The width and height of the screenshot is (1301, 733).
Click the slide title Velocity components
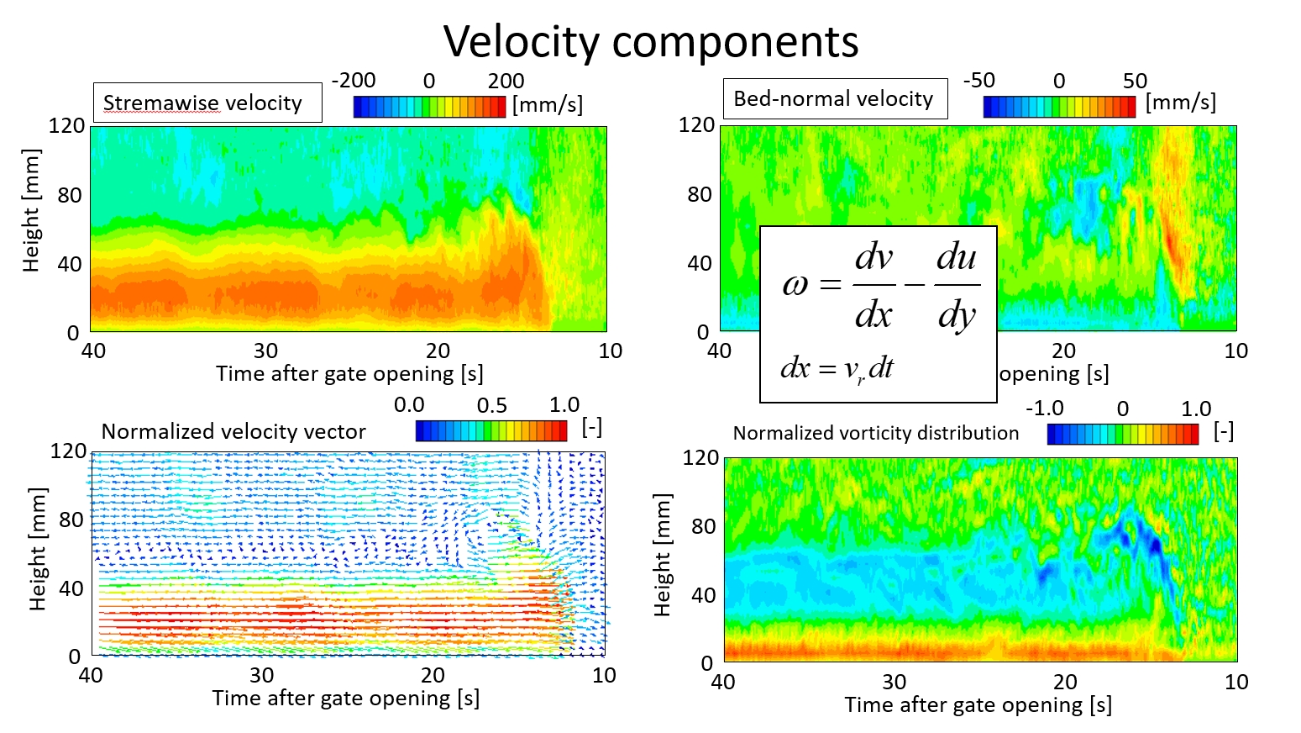click(x=651, y=41)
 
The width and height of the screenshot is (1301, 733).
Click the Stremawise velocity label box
click(x=207, y=103)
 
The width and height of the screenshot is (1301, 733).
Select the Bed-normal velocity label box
click(x=834, y=99)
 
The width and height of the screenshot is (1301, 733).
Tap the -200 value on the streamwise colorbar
click(x=354, y=81)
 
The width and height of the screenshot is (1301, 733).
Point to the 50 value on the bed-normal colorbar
click(x=1135, y=81)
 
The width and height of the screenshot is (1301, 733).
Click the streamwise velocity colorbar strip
click(x=429, y=107)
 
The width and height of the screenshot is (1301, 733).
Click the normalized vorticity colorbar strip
click(x=1122, y=434)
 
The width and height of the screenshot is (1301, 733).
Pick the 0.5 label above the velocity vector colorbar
click(x=491, y=405)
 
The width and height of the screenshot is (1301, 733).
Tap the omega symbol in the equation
click(x=795, y=285)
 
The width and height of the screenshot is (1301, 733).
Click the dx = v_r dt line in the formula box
click(x=837, y=368)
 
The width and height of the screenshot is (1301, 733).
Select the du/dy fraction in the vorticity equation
click(x=957, y=286)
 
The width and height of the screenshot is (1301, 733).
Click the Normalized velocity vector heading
click(x=233, y=432)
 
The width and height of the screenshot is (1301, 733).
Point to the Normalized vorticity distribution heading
click(x=875, y=433)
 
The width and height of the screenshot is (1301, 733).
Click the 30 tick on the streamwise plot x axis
click(x=265, y=351)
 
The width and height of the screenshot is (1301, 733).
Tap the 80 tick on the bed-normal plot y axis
click(x=699, y=194)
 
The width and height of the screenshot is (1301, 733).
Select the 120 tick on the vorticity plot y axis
click(x=700, y=457)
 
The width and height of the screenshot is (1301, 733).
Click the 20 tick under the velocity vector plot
click(x=433, y=675)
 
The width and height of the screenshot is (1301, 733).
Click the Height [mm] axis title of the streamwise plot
click(x=31, y=210)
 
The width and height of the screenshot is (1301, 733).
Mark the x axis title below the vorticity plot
click(x=978, y=704)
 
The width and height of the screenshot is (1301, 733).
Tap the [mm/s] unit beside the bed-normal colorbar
click(x=1180, y=103)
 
